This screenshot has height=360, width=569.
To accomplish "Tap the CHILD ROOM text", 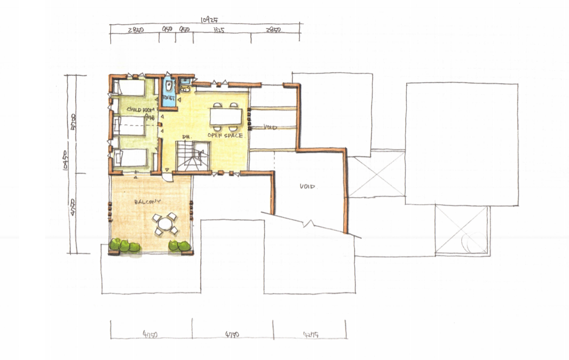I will click(x=141, y=110).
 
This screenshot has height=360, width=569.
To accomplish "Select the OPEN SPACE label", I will click(x=225, y=135).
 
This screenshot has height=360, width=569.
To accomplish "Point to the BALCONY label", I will click(x=147, y=202).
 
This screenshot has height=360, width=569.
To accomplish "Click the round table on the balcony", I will click(x=164, y=224).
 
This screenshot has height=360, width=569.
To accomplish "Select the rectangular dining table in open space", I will click(x=226, y=116).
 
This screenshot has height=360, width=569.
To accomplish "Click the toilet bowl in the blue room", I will click(x=169, y=85).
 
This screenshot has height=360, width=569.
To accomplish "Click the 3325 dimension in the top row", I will click(x=219, y=30).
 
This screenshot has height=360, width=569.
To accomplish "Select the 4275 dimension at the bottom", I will click(x=310, y=333).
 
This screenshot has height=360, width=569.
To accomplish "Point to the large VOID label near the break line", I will click(x=308, y=186).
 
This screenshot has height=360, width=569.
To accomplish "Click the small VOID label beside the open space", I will click(x=270, y=127).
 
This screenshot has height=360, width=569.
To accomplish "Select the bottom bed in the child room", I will click(x=129, y=158).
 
